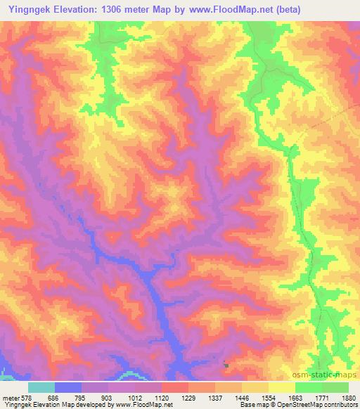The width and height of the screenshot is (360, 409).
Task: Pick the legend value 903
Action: (x=107, y=398)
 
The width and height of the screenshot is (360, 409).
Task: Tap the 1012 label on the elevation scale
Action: (x=134, y=398)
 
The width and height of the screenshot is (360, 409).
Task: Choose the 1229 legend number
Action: (x=188, y=398)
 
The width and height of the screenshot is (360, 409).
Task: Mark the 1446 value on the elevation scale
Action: (x=242, y=398)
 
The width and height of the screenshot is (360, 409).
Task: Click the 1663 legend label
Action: (x=295, y=398)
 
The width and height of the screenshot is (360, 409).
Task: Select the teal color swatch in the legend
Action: (x=41, y=387)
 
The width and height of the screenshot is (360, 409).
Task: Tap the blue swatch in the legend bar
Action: (x=68, y=387)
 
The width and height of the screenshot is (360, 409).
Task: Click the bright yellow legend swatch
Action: (x=282, y=387)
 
